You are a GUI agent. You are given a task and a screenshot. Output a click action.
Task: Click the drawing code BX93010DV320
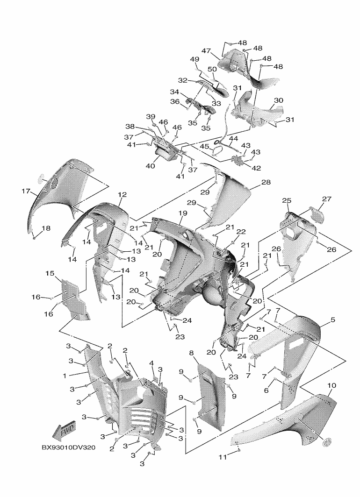tap(68, 447)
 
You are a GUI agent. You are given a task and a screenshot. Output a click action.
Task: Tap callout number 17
tap(26, 191)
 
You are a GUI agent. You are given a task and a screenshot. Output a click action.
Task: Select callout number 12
tap(122, 194)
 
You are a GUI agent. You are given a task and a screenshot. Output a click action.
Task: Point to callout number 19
tap(182, 213)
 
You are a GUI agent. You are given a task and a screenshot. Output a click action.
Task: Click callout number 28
tap(266, 182)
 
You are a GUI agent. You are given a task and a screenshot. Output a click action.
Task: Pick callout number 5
tap(332, 320)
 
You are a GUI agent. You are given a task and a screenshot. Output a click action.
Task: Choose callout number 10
tap(332, 386)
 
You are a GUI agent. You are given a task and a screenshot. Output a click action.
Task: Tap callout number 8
tap(192, 354)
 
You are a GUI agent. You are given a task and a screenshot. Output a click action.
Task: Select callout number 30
tap(278, 100)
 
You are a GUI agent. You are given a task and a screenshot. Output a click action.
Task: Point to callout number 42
tap(256, 168)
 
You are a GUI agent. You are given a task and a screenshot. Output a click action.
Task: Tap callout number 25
tap(287, 200)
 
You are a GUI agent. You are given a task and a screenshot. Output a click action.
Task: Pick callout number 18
tap(46, 228)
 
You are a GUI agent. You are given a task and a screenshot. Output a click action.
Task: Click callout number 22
tap(241, 232)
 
